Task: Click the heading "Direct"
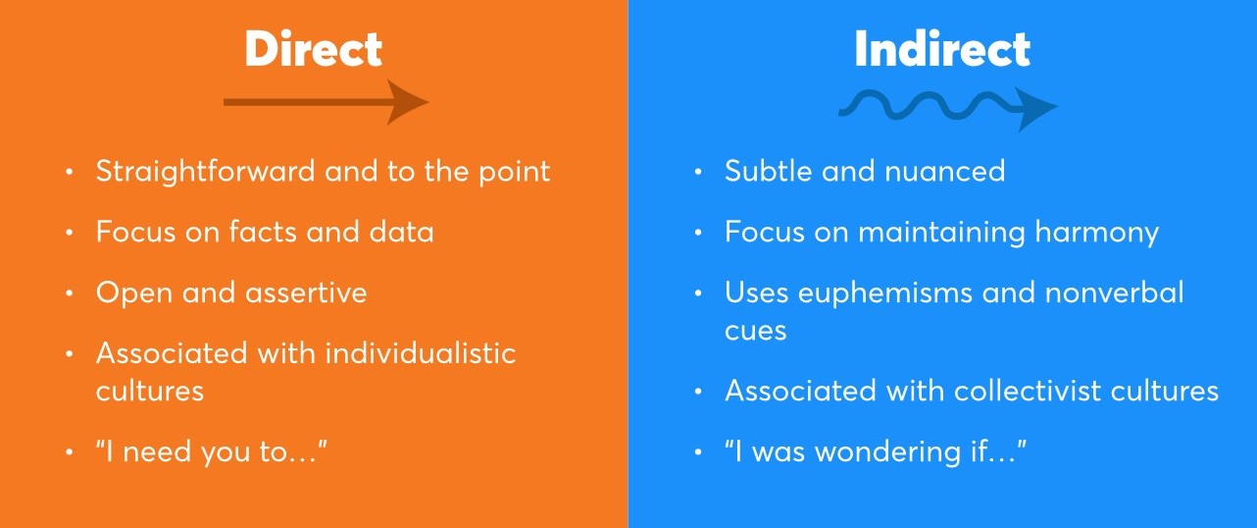click(314, 49)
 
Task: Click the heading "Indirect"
click(942, 49)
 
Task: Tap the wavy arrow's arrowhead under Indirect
click(1036, 108)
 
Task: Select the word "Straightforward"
click(205, 172)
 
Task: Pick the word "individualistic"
click(421, 353)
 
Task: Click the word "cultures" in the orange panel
click(149, 391)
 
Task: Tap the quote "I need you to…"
click(211, 452)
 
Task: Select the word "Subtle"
click(769, 171)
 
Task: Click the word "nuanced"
click(944, 172)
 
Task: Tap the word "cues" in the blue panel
click(755, 332)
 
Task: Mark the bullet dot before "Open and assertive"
click(69, 293)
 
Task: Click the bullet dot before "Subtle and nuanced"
click(698, 172)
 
